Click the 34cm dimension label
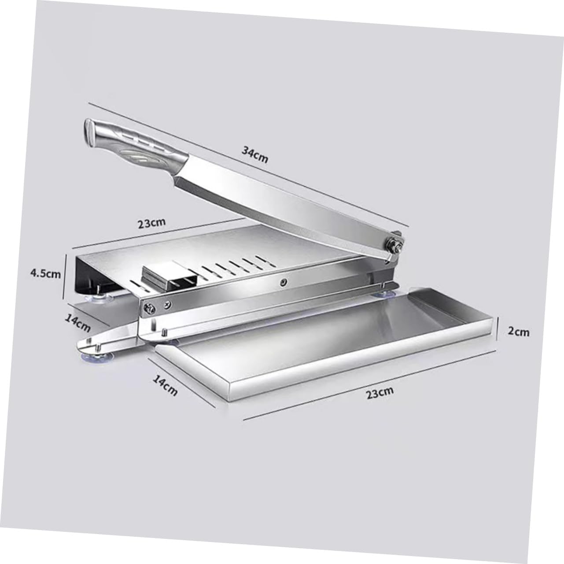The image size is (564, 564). click(254, 154)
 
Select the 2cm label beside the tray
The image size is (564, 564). click(519, 332)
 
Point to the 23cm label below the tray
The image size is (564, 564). click(380, 392)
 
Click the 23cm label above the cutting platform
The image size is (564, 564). click(151, 223)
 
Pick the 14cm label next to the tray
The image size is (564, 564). click(165, 384)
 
